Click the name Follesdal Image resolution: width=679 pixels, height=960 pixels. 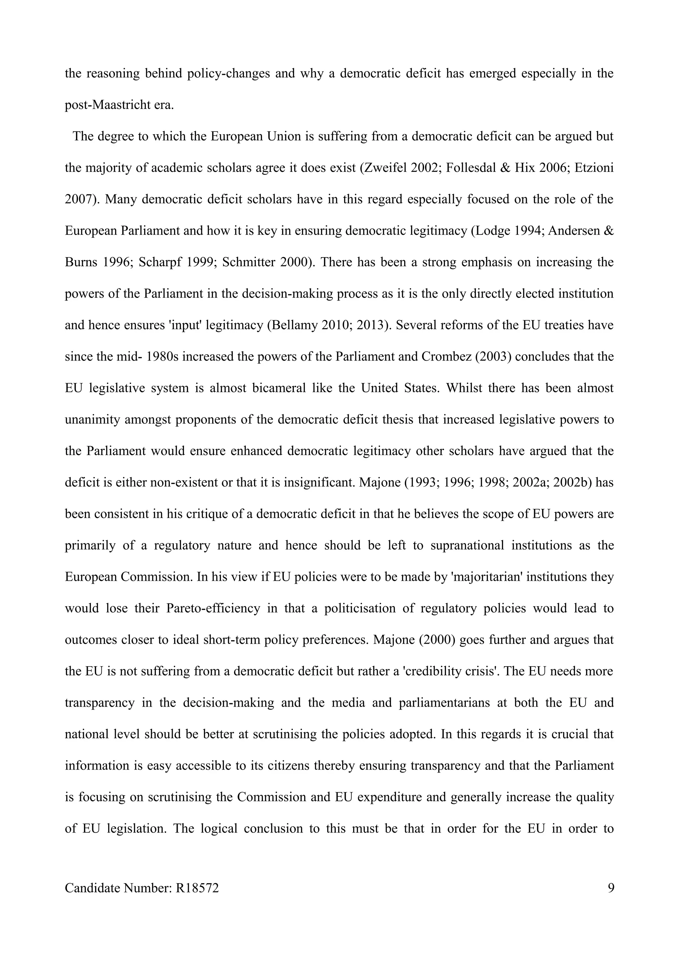click(471, 168)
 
